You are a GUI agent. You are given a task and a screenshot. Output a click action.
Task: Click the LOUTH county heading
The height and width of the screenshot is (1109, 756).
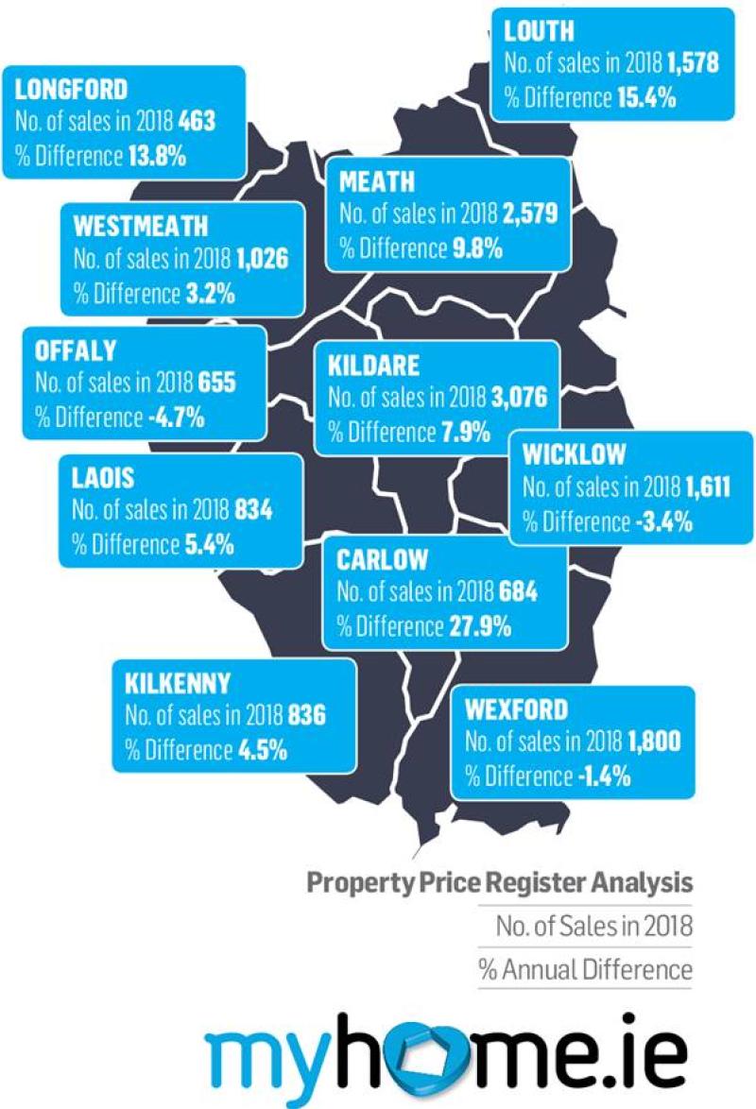coord(539,31)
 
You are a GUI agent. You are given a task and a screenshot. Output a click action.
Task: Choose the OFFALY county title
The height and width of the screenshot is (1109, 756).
coord(76,350)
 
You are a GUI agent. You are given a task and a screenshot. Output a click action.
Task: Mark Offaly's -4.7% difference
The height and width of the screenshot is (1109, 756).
coord(177,417)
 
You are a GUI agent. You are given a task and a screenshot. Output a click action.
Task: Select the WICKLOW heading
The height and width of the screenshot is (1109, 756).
coord(574,454)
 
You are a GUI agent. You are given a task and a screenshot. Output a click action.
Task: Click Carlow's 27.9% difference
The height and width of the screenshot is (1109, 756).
coord(479,625)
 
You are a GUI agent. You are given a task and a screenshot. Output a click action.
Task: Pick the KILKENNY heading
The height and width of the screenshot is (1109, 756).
coord(177,682)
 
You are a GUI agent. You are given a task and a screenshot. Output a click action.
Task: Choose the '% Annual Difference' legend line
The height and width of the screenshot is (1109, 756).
coord(585,969)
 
